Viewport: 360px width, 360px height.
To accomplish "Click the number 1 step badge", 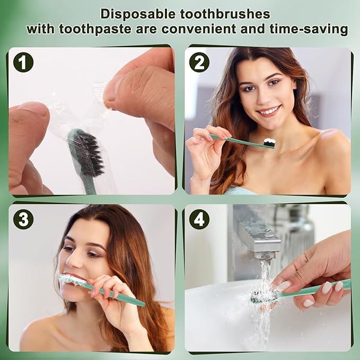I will [23, 63].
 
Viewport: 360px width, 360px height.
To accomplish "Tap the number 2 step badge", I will [199, 63].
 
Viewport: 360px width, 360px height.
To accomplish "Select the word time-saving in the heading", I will [307, 29].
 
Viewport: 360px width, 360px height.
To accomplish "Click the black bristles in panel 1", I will [89, 154].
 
